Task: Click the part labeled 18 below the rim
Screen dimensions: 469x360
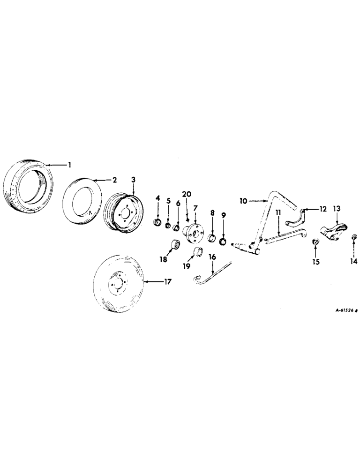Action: (176, 245)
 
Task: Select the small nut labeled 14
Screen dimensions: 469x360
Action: (354, 238)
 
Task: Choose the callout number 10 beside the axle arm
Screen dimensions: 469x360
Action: (243, 201)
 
